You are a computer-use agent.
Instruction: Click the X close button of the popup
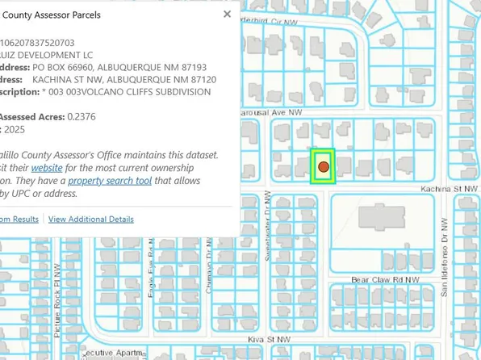[227, 15]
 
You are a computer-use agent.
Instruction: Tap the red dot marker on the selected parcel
[323, 166]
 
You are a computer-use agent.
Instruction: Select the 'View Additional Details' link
[91, 219]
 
